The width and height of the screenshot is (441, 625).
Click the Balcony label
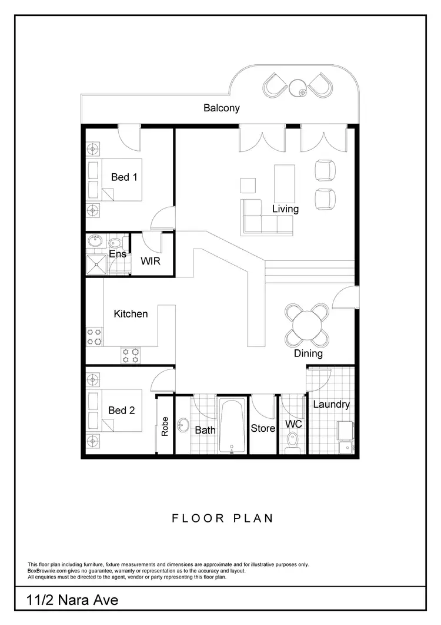(x=222, y=108)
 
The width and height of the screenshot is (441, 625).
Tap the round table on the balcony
(x=298, y=89)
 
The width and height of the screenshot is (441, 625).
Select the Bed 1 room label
(x=124, y=177)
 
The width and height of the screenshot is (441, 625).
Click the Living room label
(x=285, y=209)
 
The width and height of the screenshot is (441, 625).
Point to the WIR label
(x=150, y=260)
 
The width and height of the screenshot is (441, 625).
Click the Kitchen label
(x=131, y=313)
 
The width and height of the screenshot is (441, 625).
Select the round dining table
(x=306, y=325)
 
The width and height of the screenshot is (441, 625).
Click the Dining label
(x=308, y=353)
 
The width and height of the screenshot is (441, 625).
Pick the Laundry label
(x=331, y=404)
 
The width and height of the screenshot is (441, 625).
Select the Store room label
(x=263, y=428)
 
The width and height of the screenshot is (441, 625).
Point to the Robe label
(x=165, y=426)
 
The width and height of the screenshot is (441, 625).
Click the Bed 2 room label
(x=121, y=410)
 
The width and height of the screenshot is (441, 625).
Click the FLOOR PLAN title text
(x=222, y=518)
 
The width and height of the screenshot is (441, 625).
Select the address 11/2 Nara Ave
(x=72, y=600)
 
